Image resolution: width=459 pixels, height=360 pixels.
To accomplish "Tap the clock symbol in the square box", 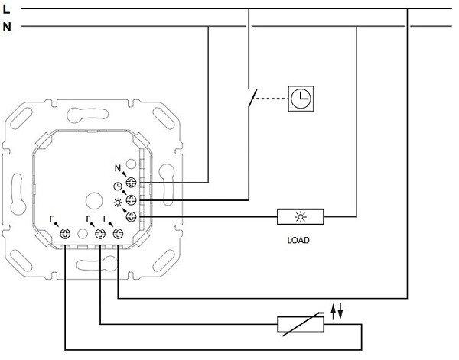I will (299, 97).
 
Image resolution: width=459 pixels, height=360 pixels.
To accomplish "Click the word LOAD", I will (298, 239).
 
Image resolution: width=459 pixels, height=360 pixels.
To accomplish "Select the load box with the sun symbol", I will (299, 217).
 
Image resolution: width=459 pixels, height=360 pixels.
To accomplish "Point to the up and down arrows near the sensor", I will (336, 310).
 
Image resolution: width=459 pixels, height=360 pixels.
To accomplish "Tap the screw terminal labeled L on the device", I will (117, 234).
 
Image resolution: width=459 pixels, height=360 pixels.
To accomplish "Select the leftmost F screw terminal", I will (65, 234).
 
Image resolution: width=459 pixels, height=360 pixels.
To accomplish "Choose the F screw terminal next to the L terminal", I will (100, 234).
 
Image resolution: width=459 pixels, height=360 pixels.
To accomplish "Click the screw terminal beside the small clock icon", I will (131, 200).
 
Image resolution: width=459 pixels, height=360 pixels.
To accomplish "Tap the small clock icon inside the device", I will (117, 187).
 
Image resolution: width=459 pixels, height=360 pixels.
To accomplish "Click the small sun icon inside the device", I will (117, 203).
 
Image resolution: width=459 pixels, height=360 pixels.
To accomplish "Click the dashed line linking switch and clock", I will (272, 98).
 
